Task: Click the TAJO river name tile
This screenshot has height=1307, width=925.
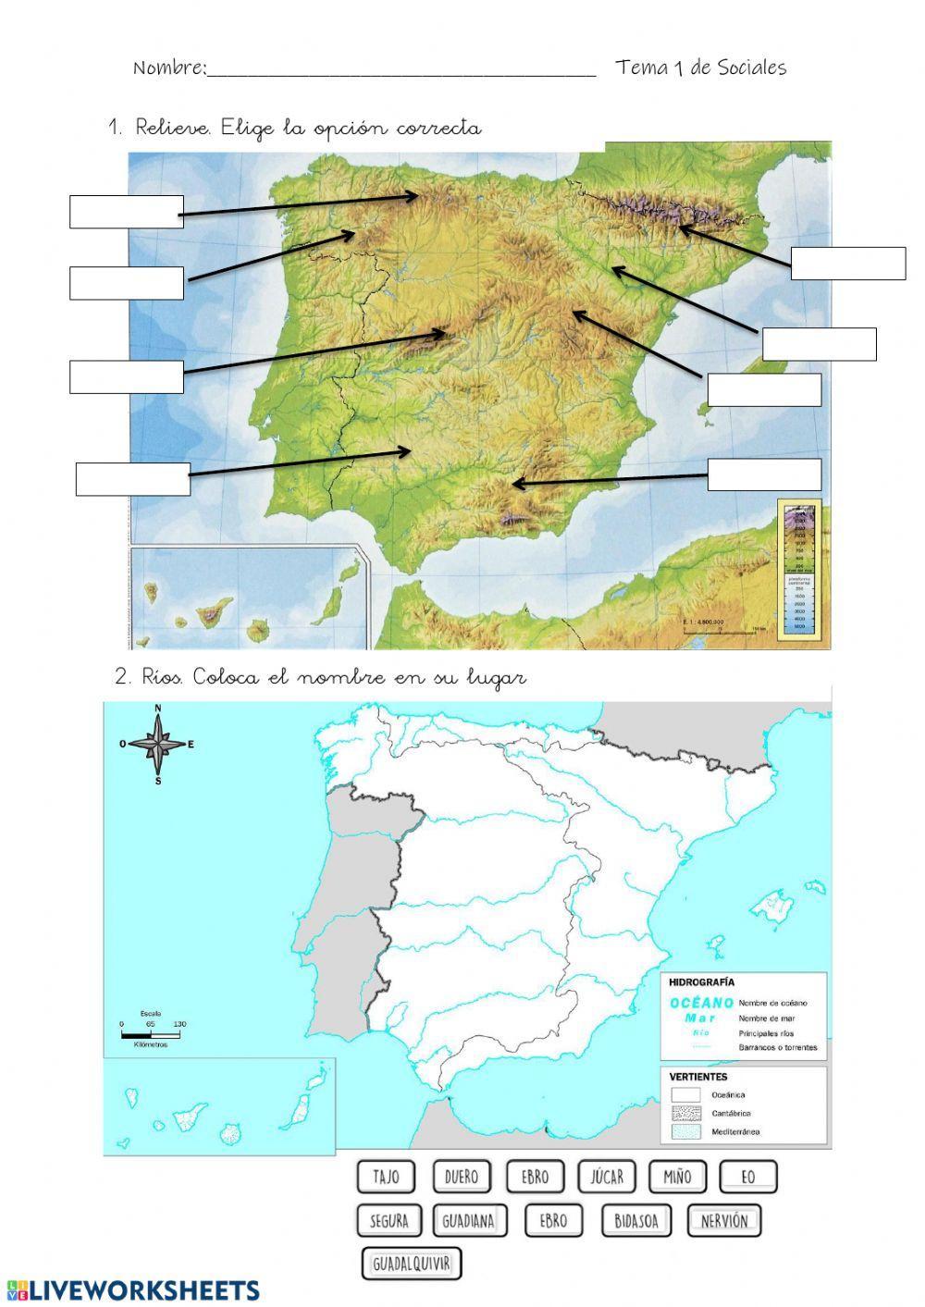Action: point(386,1177)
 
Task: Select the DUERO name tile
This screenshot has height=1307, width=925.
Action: point(462,1177)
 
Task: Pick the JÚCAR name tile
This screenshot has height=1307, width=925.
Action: point(608,1177)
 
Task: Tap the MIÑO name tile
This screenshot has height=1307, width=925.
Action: point(677,1177)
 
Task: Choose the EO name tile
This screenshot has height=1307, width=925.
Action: point(748,1177)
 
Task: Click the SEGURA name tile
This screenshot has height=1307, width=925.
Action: point(388,1220)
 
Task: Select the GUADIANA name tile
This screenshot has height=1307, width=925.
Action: point(468,1220)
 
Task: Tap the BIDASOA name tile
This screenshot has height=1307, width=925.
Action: point(636,1220)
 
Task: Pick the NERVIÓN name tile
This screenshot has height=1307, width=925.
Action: point(723,1220)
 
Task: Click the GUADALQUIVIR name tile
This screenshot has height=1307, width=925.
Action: point(411,1264)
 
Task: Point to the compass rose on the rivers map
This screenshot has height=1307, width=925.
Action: point(159,744)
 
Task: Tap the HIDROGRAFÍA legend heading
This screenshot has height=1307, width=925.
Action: point(702,983)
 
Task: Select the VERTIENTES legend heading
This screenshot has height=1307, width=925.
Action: point(698,1077)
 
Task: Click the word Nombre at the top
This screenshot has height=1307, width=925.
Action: point(169,68)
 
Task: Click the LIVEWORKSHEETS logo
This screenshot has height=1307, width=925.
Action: point(133,1289)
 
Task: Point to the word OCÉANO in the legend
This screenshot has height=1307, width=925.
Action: point(702,1003)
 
